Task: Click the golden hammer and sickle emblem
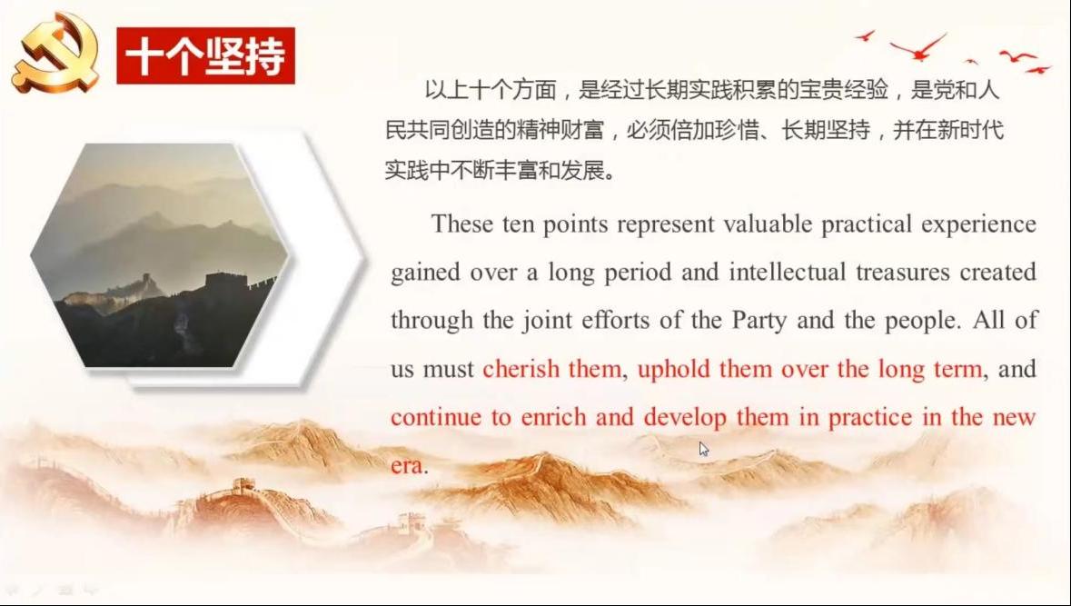click(56, 53)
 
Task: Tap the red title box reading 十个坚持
click(205, 56)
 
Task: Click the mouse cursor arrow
click(703, 449)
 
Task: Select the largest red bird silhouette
click(919, 47)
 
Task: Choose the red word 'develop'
click(685, 418)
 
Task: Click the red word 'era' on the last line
click(406, 466)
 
